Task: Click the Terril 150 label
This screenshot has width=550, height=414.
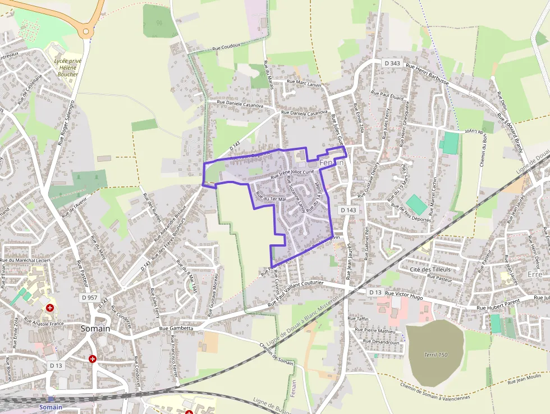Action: pos(436,354)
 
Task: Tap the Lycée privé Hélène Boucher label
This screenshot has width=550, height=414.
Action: pos(67,67)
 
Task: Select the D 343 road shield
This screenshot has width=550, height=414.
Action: pos(392,63)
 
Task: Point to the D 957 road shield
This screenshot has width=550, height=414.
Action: pos(89,297)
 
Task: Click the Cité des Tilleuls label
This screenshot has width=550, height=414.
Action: pos(430,270)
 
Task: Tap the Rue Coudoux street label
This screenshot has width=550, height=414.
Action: pos(226,48)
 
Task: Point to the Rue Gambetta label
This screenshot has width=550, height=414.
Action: pos(176,328)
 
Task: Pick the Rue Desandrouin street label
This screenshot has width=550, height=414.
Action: pos(381,342)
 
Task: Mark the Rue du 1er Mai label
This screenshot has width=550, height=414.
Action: pos(271,196)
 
